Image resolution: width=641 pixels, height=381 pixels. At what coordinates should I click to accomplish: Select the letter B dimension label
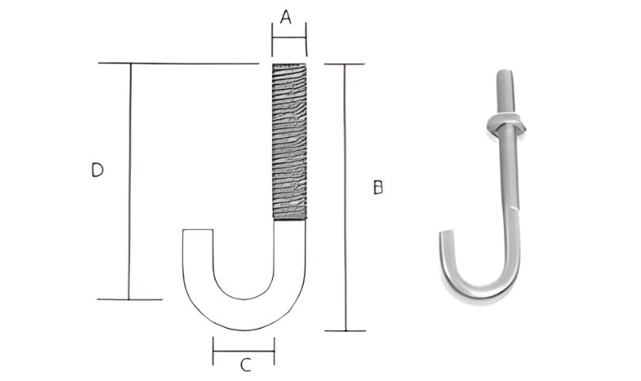[378, 187]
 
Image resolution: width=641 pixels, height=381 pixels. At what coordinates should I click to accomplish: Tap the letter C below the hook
[246, 365]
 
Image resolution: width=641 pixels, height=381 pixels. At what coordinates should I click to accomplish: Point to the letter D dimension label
[97, 170]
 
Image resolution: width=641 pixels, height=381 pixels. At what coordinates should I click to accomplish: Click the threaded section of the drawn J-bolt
[289, 140]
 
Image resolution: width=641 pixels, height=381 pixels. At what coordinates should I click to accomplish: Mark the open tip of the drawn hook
[198, 232]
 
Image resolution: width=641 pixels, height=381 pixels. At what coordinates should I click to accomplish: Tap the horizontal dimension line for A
[289, 36]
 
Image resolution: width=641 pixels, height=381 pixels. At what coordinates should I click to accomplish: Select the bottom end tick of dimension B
[345, 330]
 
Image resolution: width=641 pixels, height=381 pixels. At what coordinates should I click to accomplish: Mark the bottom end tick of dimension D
[129, 299]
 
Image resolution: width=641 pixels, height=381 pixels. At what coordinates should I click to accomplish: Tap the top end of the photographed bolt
[504, 72]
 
